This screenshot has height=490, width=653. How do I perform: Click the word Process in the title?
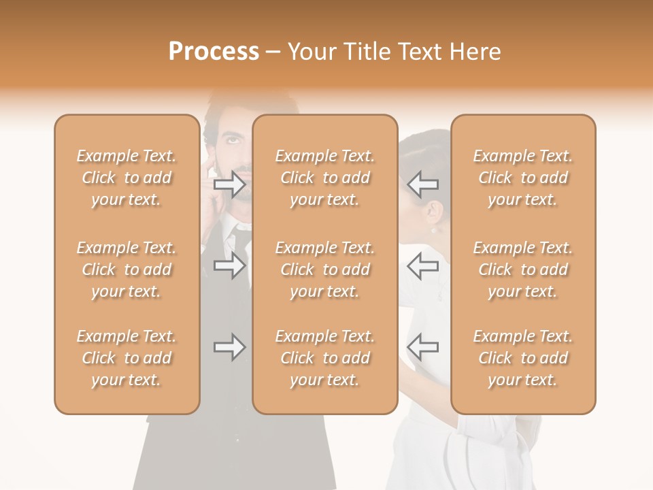214,52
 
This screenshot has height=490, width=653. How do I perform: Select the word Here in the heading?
474,52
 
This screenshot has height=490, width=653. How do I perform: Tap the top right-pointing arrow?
230,184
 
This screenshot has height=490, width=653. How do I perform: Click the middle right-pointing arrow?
230,265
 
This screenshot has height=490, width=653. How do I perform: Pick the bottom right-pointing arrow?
230,347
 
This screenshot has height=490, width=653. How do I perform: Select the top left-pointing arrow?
423,184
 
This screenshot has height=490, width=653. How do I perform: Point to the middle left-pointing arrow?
423,265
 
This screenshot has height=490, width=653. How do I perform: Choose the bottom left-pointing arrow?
423,347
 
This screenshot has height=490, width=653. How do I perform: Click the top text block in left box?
127,178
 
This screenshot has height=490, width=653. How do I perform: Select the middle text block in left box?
127,269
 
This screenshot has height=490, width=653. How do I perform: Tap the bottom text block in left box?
127,358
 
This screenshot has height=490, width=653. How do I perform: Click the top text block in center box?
324,178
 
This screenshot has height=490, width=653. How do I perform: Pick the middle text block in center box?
324,269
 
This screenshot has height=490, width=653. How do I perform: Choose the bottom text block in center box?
324,358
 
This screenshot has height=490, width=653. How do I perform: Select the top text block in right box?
522,178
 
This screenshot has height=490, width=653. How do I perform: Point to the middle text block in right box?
522,269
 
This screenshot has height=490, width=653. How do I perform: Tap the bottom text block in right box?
522,358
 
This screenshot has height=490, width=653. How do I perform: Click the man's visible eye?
233,141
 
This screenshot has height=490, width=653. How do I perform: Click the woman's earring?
433,231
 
